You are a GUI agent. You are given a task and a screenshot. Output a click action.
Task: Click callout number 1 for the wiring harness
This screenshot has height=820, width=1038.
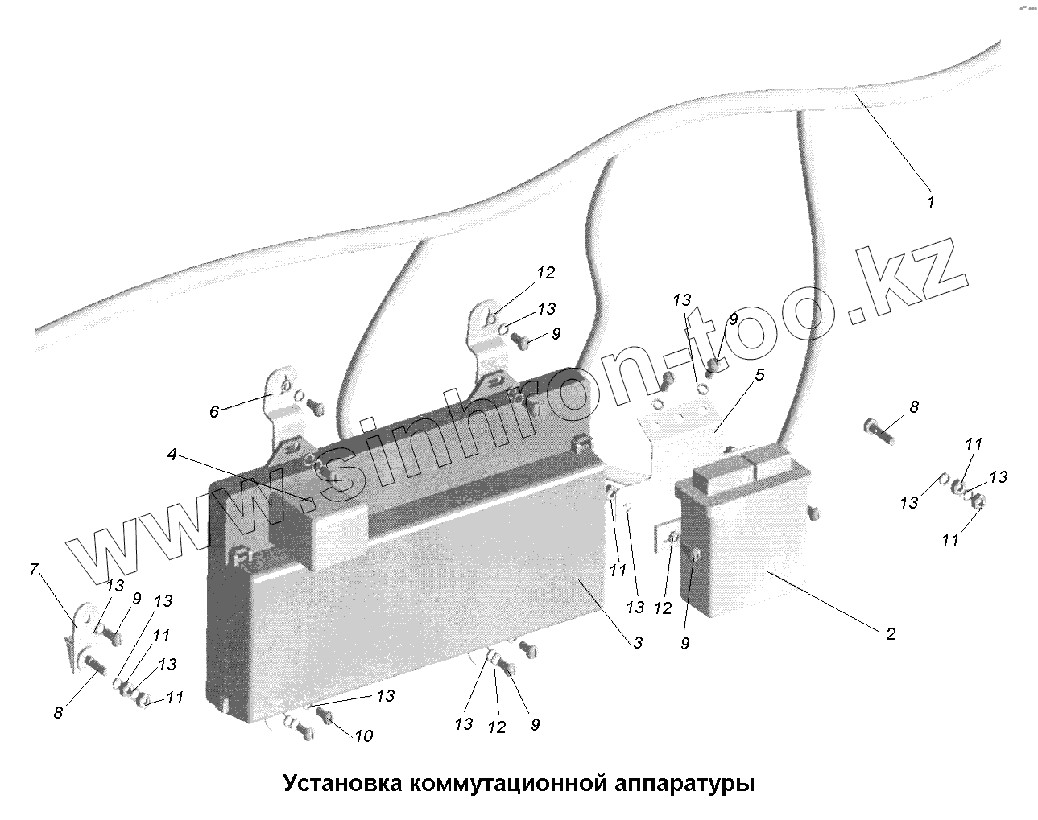[931, 201]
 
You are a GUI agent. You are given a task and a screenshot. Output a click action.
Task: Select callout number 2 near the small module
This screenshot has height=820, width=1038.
[890, 634]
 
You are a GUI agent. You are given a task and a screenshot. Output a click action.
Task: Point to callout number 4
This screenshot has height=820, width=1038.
[172, 455]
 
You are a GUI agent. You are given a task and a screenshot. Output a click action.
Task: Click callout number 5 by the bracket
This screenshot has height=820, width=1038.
[759, 375]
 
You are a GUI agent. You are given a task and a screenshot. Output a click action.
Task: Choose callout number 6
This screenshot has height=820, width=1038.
[213, 412]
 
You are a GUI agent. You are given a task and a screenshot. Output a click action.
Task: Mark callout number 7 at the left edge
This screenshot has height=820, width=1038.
[34, 571]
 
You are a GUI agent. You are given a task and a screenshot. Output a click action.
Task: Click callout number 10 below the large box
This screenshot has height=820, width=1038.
[363, 736]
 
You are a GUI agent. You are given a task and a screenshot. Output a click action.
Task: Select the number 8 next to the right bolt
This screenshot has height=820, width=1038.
[913, 407]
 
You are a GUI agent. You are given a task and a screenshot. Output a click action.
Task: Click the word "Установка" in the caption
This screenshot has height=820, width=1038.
[341, 783]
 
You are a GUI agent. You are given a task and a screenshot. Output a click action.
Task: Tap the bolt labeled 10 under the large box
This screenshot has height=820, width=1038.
[326, 715]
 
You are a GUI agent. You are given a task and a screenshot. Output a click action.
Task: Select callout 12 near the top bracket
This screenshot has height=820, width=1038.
[546, 273]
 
